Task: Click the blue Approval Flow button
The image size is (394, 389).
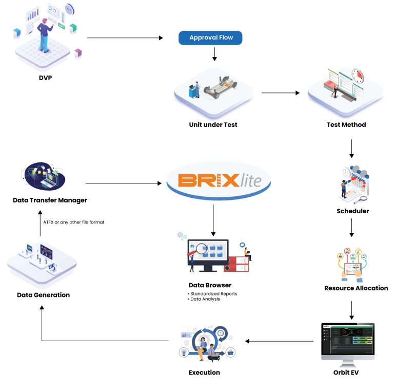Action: (210, 38)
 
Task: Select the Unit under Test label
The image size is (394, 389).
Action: (213, 124)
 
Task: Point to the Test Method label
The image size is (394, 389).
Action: (346, 124)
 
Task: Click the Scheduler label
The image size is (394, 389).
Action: (352, 211)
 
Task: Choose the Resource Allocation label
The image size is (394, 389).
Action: (356, 288)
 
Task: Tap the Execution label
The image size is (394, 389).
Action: (204, 372)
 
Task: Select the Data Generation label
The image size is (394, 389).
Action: (43, 295)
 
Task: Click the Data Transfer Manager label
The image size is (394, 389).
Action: (50, 199)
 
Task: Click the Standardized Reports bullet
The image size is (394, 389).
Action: (212, 294)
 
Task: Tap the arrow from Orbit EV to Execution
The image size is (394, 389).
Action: (279, 341)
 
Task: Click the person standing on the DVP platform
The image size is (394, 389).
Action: (44, 34)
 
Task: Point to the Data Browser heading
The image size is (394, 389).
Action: (209, 285)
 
